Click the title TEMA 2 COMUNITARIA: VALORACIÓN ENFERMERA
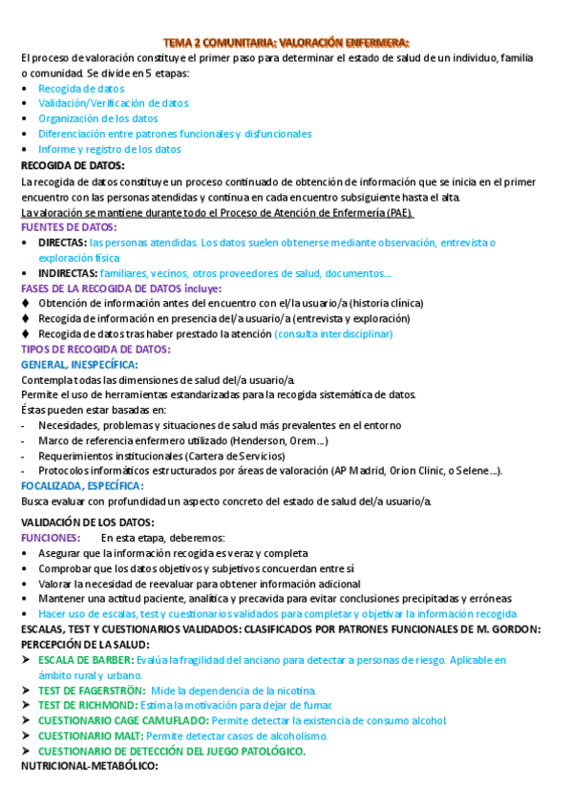pos(286,43)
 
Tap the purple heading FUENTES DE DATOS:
pos(69,227)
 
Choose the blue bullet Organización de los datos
pos(98,118)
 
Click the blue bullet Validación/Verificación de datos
pos(114,103)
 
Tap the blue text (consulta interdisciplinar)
pos(333,334)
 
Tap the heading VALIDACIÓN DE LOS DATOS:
pos(87,522)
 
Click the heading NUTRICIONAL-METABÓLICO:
pos(89,766)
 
